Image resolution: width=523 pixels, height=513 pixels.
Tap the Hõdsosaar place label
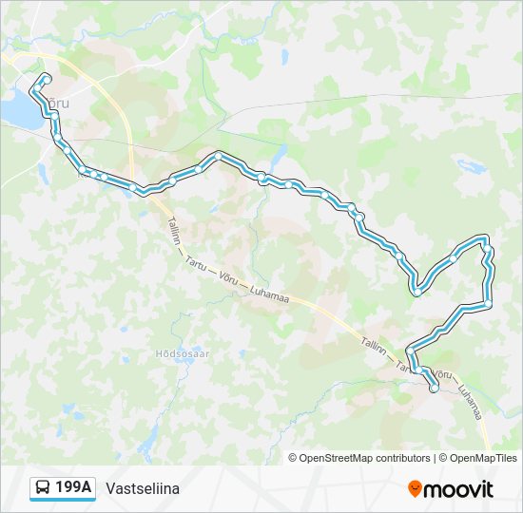[182, 353]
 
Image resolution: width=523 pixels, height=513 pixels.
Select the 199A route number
[73, 488]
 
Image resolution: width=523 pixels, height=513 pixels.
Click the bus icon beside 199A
[43, 488]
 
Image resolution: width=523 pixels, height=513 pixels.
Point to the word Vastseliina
[143, 488]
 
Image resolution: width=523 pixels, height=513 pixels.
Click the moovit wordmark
[459, 489]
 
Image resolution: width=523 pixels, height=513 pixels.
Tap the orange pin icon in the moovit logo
[416, 489]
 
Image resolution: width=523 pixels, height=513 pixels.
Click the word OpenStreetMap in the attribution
[337, 458]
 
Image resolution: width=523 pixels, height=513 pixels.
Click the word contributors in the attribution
[403, 458]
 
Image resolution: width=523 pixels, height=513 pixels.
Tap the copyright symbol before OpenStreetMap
[293, 458]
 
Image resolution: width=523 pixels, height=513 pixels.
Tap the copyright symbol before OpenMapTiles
[443, 458]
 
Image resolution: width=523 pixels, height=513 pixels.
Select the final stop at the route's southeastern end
[435, 388]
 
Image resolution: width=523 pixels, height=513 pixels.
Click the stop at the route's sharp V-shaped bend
[416, 293]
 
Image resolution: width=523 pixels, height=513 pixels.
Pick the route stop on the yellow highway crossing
[142, 190]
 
